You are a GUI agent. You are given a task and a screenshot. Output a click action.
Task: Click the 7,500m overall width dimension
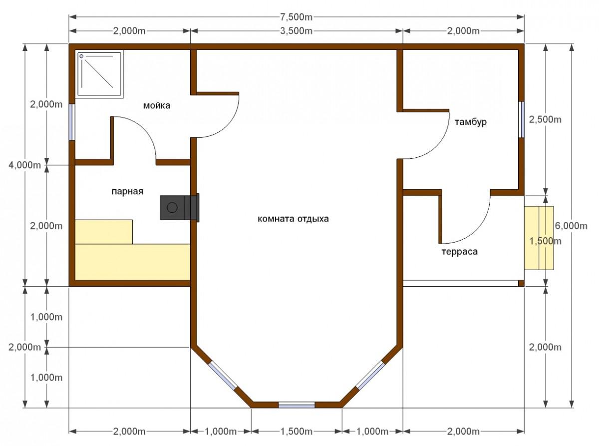pos(296,17)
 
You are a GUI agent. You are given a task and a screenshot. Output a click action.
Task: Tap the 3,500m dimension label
pos(296,31)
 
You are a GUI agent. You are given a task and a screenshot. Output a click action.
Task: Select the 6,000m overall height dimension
pos(571,226)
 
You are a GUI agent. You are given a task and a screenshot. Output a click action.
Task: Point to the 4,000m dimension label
pos(25,165)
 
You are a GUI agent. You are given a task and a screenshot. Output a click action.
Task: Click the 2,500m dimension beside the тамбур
pos(545,119)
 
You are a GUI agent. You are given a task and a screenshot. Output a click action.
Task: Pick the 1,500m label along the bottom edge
pos(297,432)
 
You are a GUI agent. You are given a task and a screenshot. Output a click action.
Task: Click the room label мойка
pos(157,105)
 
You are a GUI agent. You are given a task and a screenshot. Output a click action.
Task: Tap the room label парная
pos(127,191)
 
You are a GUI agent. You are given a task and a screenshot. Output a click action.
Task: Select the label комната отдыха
pos(293,218)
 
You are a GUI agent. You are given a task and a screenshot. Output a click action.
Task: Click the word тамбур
pos(471,122)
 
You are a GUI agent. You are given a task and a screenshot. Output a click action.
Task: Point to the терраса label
pos(459,252)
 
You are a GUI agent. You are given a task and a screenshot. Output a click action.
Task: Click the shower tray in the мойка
pos(99,74)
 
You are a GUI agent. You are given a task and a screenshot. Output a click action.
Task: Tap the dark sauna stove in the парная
pos(179,208)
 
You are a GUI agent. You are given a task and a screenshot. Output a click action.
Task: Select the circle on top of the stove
pos(172,208)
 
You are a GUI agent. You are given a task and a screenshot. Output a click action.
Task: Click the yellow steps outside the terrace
pos(539,238)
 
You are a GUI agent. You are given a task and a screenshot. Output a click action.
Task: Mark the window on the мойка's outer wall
pos(72,122)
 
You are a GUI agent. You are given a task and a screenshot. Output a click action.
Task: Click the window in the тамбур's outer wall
pos(521,119)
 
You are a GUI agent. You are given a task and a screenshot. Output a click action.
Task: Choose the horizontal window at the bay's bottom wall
pos(297,405)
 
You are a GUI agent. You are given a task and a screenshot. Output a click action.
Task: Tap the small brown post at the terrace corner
pos(521,283)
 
